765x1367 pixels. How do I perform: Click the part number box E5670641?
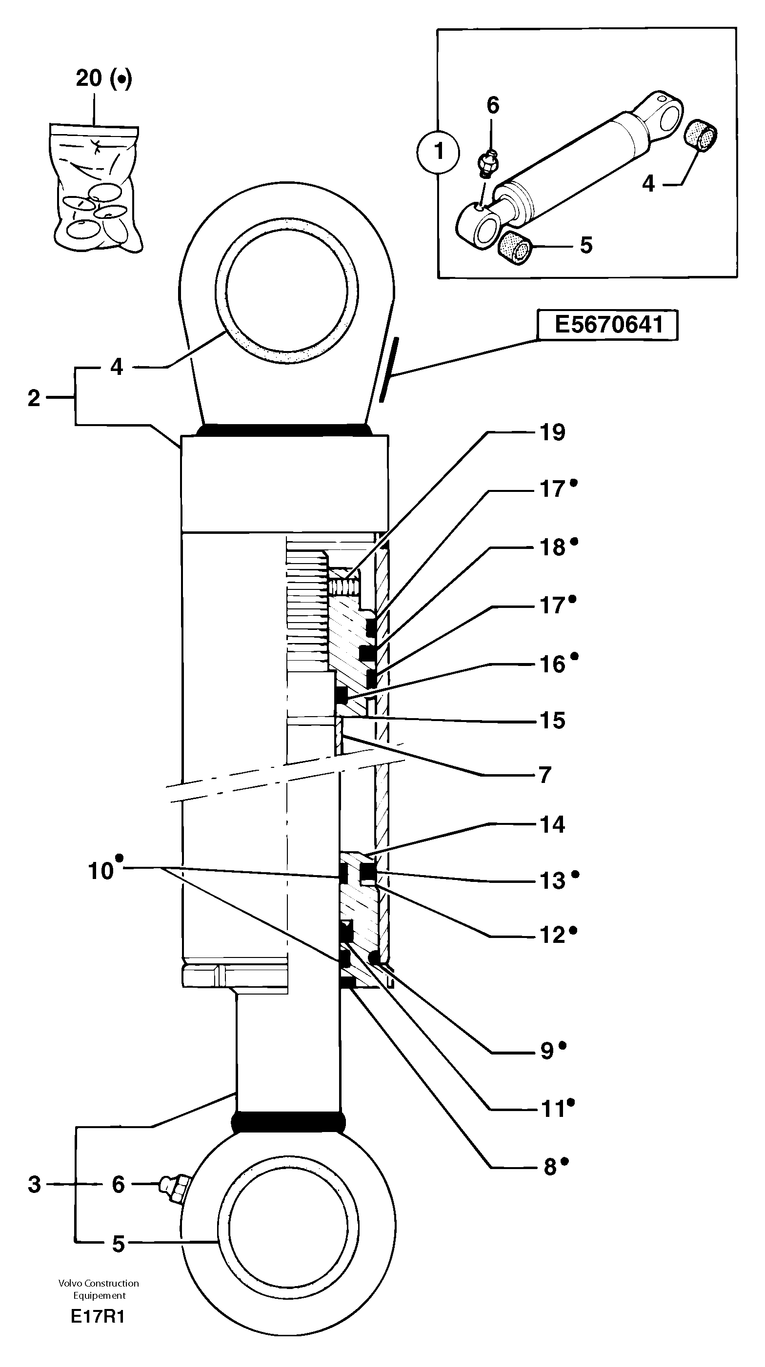(x=607, y=325)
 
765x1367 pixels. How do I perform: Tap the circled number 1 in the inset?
(x=439, y=152)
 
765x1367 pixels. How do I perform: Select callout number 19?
(x=552, y=432)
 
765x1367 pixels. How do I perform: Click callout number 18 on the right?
(x=552, y=547)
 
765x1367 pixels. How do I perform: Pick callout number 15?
(x=552, y=721)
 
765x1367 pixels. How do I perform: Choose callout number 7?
(x=545, y=775)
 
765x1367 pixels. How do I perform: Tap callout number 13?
(x=552, y=881)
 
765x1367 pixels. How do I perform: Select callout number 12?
(x=552, y=936)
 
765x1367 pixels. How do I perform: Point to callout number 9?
(x=547, y=1051)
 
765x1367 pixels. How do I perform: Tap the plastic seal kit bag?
(x=96, y=191)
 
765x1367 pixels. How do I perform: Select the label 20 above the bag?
(x=89, y=78)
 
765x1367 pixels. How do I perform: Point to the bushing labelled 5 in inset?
(x=515, y=248)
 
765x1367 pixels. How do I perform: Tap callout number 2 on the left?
(x=34, y=398)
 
